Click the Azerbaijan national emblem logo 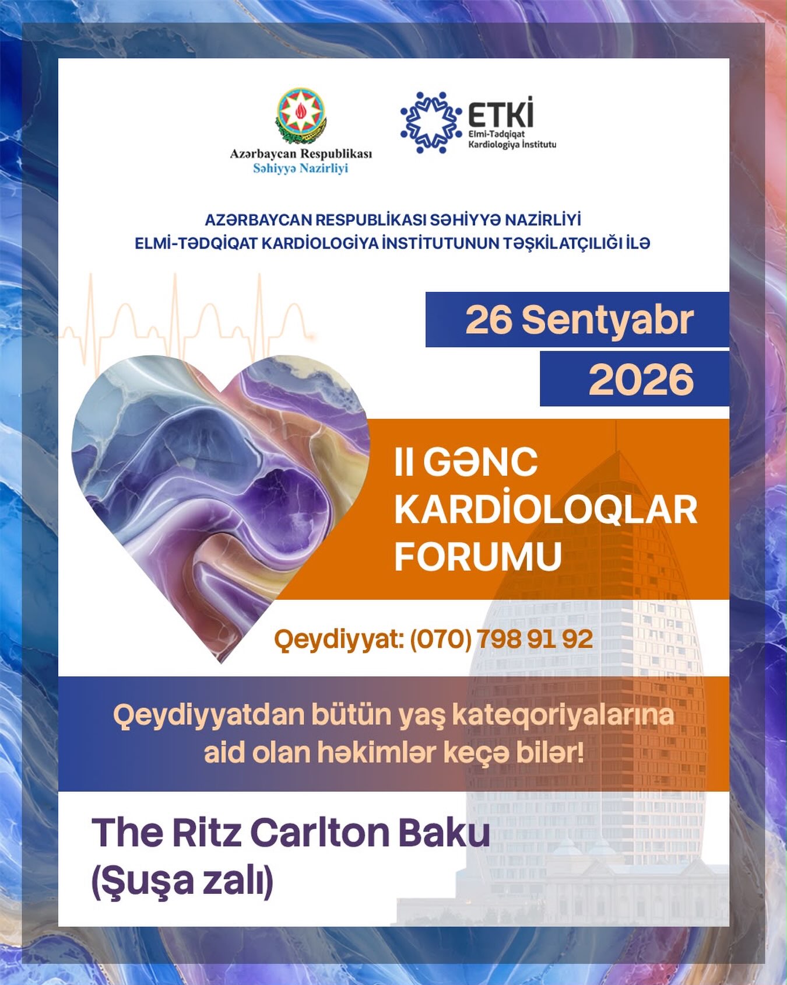(301, 116)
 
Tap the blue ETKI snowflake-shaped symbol (431, 123)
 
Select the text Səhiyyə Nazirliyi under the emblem (300, 169)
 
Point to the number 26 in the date (489, 320)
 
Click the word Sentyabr (607, 320)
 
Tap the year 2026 (641, 380)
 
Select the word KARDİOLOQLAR (546, 509)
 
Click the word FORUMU (478, 557)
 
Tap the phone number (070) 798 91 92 (501, 639)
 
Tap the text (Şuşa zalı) (182, 881)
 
